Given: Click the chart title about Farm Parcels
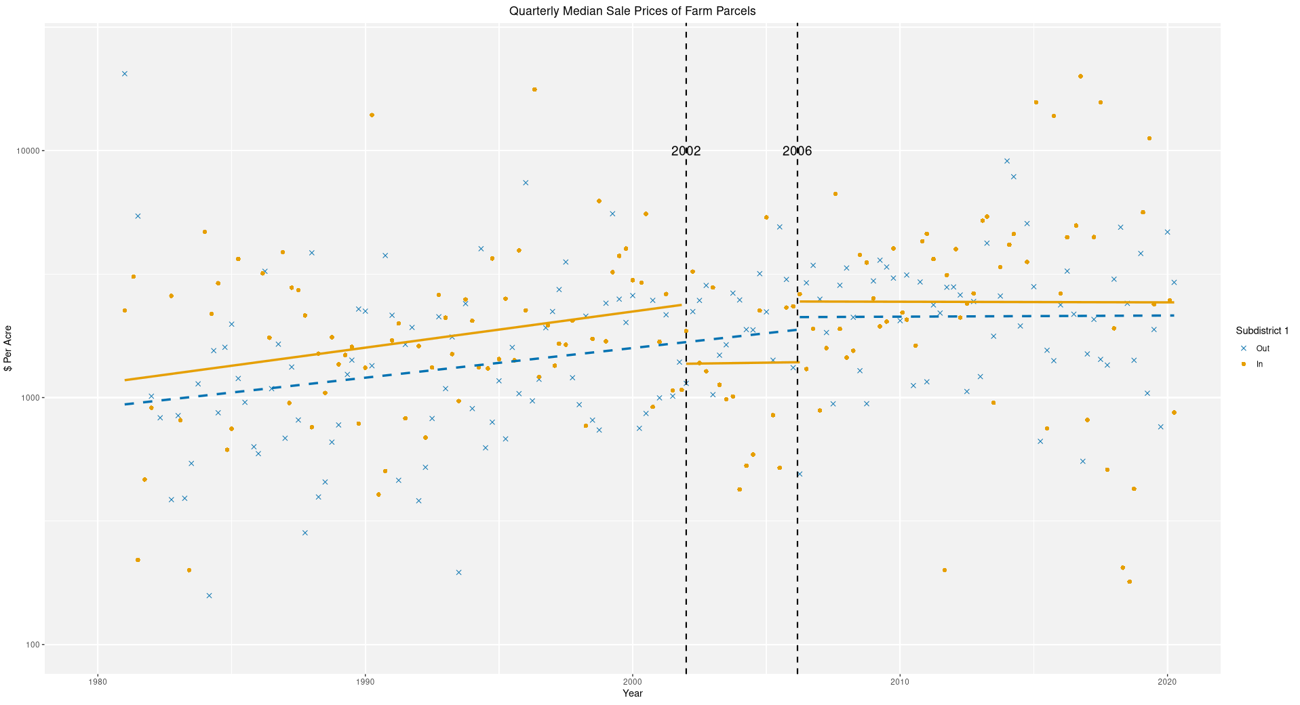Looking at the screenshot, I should (632, 11).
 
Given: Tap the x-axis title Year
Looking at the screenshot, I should (632, 693).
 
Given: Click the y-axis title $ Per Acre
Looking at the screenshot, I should (9, 348).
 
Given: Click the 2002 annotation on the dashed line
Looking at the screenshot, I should (686, 151).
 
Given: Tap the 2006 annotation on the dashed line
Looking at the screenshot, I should (797, 151).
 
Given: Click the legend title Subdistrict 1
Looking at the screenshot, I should (1261, 331).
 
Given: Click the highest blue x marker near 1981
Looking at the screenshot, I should (125, 74).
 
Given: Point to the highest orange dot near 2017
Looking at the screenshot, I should (1080, 77).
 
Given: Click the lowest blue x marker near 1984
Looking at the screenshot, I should (210, 596).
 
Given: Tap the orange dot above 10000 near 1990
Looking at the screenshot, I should (372, 115).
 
